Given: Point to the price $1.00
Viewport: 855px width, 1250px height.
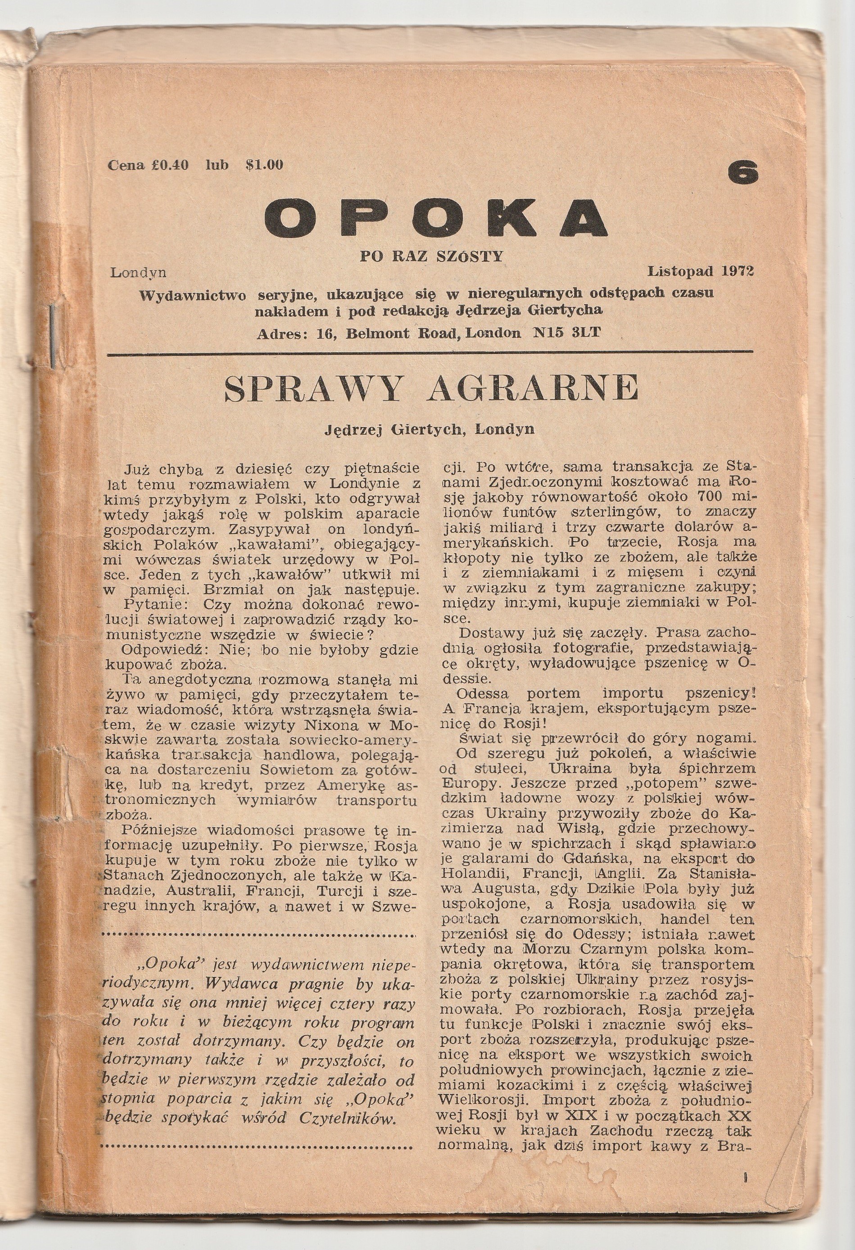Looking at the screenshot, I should point(264,165).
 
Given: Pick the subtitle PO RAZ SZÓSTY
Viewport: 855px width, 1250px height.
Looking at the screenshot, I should point(431,256).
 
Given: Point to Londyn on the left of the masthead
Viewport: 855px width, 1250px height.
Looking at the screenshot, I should point(138,273).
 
